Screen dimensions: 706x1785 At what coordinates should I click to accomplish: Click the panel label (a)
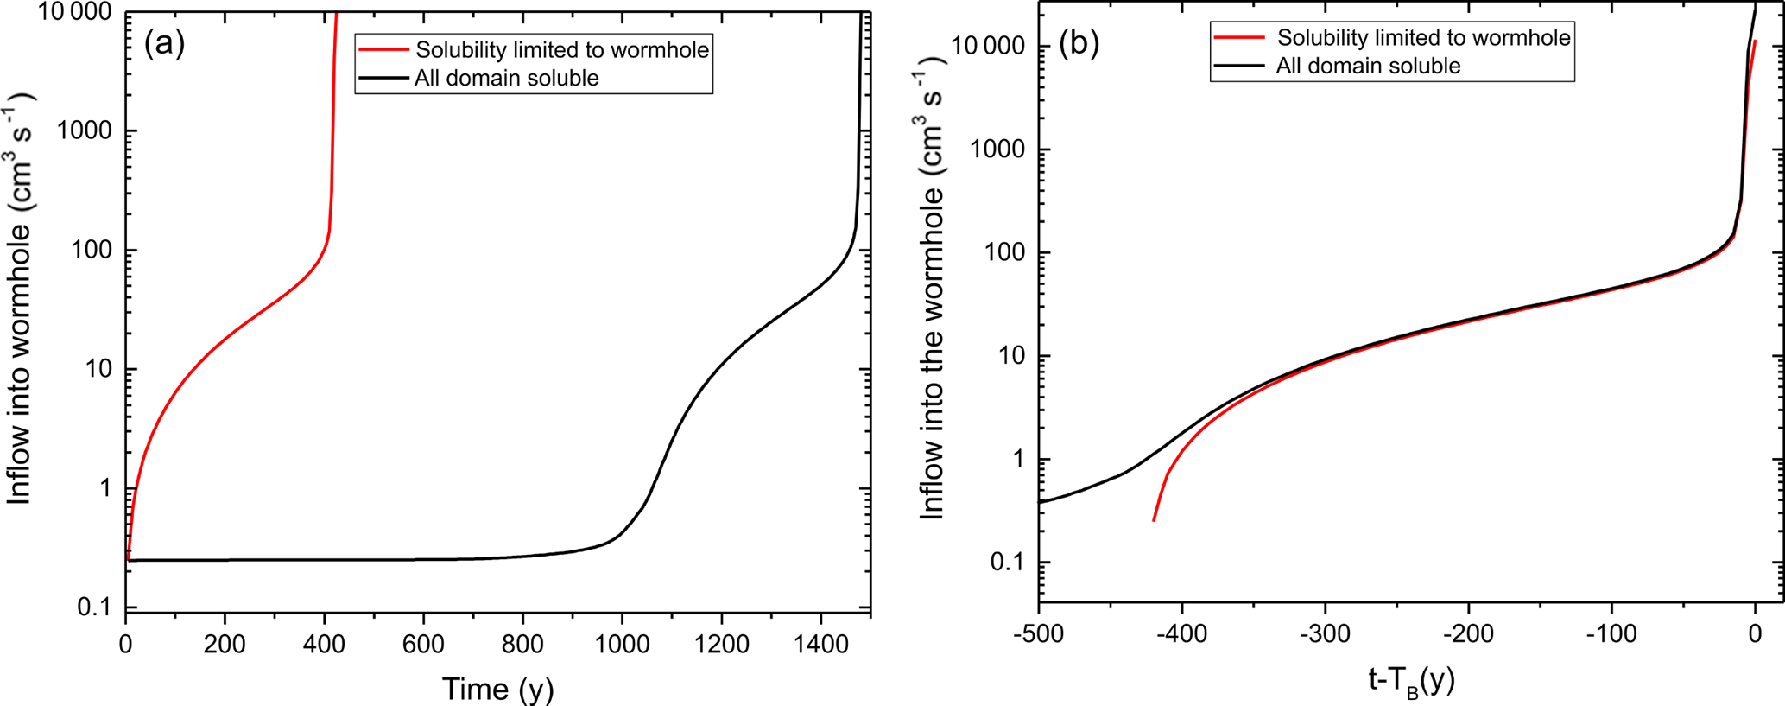point(164,43)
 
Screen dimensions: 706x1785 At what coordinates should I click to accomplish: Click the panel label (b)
point(1079,42)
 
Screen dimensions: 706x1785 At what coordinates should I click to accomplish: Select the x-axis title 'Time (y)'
point(497,688)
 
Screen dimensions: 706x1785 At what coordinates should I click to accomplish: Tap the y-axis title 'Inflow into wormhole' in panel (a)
point(19,298)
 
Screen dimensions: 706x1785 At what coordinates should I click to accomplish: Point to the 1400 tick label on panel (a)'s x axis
point(820,643)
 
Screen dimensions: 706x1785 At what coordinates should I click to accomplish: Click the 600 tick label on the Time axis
point(423,643)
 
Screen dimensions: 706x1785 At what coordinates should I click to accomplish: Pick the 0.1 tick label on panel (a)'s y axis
point(95,607)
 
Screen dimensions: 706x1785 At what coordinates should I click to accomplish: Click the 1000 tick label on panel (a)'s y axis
point(85,131)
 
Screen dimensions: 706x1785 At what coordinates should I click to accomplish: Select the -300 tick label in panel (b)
point(1325,633)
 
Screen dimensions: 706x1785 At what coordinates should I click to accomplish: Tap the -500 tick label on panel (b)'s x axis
point(1039,633)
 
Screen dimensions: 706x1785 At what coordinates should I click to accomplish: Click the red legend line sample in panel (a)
point(383,50)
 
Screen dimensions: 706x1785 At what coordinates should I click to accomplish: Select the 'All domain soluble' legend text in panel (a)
point(506,79)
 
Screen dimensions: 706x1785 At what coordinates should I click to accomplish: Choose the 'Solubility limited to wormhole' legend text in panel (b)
point(1423,38)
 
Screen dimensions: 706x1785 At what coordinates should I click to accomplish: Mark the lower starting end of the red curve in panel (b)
point(1154,520)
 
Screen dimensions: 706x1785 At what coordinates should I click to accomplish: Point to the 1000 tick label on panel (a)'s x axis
point(622,643)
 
